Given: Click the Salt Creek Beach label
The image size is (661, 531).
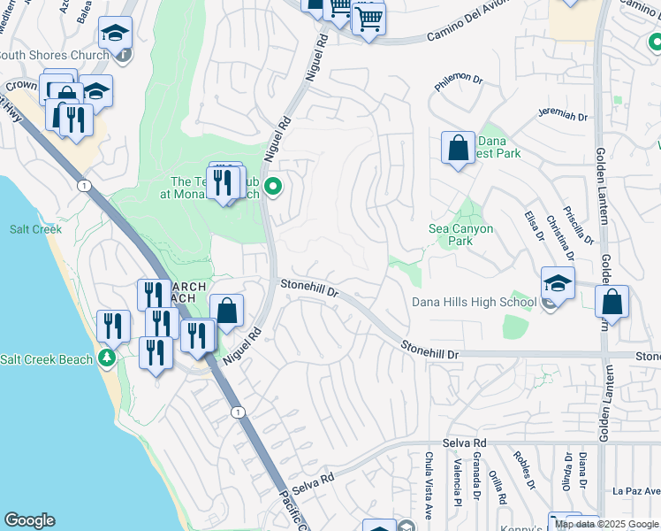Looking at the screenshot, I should tap(46, 359).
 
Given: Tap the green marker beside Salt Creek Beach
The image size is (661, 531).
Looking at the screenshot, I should tap(107, 358).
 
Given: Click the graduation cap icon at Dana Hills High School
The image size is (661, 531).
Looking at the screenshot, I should tap(558, 284).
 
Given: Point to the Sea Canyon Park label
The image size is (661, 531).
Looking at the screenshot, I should tap(460, 235).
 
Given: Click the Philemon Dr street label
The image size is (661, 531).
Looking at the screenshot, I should tap(460, 85).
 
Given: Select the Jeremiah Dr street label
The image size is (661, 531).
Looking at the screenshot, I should tap(563, 116).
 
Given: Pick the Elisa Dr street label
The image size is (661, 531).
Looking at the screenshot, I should tap(533, 225).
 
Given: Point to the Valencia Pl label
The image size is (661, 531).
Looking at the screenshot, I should tap(457, 475).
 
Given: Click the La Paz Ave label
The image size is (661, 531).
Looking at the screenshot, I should tap(635, 490).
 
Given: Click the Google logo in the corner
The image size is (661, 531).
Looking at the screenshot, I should tap(29, 520).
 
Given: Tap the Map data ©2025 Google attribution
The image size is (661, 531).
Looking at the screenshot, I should tap(606, 524).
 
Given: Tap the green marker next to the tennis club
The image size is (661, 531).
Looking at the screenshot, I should tap(273, 186).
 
